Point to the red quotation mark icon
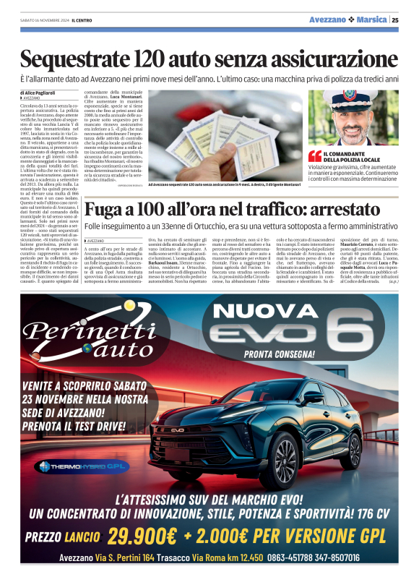click(315, 155)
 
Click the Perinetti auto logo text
click(85, 340)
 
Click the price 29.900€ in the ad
click(142, 536)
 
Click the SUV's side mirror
click(314, 397)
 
